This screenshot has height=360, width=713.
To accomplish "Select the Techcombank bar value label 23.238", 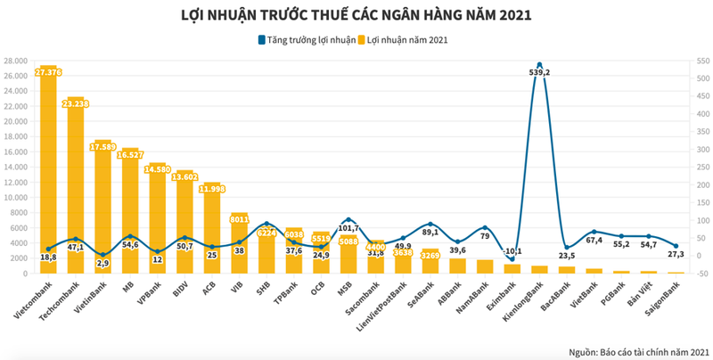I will click(x=76, y=102).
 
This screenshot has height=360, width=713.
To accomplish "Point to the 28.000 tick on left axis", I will click(x=15, y=61).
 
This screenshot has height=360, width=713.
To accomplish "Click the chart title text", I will click(x=356, y=15).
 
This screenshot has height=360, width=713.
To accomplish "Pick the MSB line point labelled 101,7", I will click(x=348, y=219).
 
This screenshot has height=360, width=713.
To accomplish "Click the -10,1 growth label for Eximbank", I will click(x=512, y=250).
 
